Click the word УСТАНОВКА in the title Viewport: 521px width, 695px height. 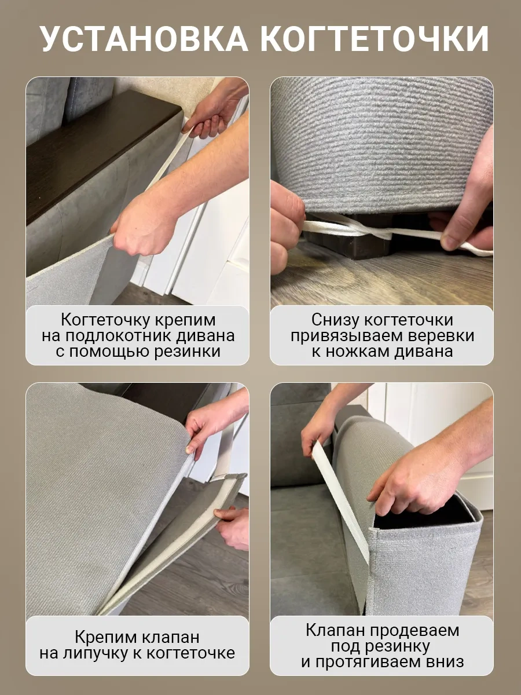coord(145,39)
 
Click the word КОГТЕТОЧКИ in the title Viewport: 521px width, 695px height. coord(375,39)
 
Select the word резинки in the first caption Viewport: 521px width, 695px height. coord(187,352)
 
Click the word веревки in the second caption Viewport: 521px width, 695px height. coord(441,336)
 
